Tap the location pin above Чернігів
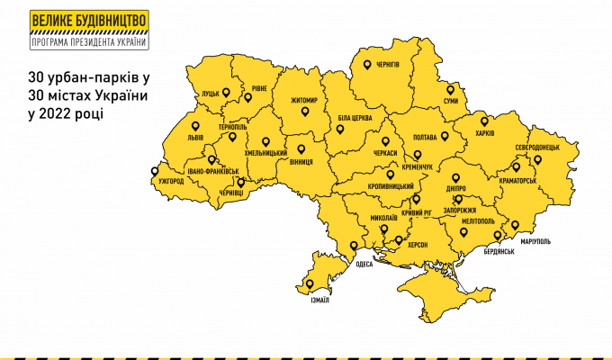click(x=366, y=64)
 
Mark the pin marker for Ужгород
click(x=155, y=170)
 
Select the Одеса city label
click(x=364, y=264)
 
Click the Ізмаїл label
click(x=318, y=301)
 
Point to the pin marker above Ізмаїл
click(x=310, y=284)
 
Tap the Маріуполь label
click(x=535, y=242)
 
